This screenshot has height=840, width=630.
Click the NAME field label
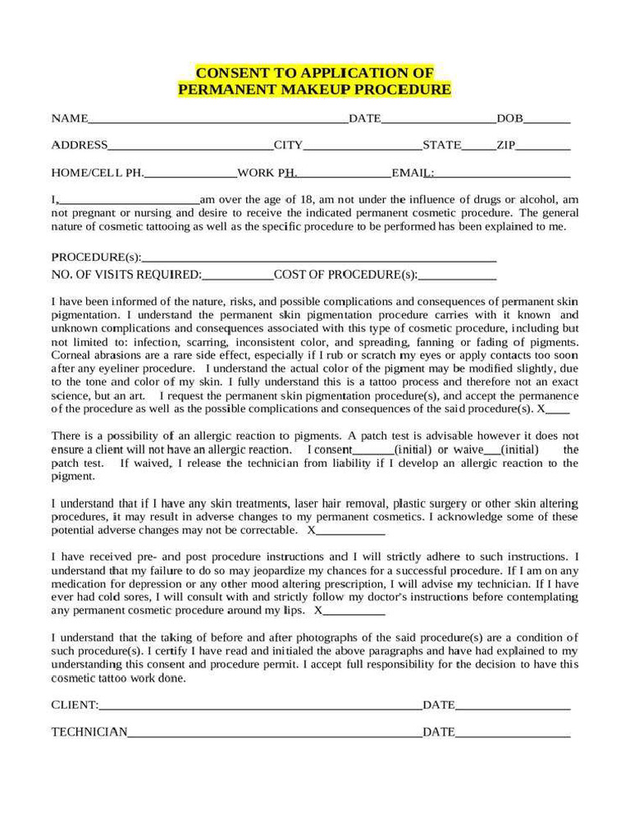coord(69,118)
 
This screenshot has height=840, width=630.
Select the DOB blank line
coord(547,121)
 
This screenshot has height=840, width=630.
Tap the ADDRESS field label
coord(79,145)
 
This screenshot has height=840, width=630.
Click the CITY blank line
coord(363,148)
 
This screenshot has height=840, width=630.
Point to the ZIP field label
coord(505,145)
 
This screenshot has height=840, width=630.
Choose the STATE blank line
coord(478,148)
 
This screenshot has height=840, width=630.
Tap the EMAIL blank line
coord(502,176)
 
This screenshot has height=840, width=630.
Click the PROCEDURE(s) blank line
coord(319,260)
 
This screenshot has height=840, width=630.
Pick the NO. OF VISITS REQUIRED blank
coord(237,277)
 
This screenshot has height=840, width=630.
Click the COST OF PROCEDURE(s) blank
coord(457,277)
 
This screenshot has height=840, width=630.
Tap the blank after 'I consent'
coord(372,452)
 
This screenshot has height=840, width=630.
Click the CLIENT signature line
coord(260,707)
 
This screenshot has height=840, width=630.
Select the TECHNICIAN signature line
coord(275,734)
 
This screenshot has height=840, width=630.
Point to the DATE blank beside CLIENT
coord(513,707)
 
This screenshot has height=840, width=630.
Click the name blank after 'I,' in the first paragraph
coord(129,202)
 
